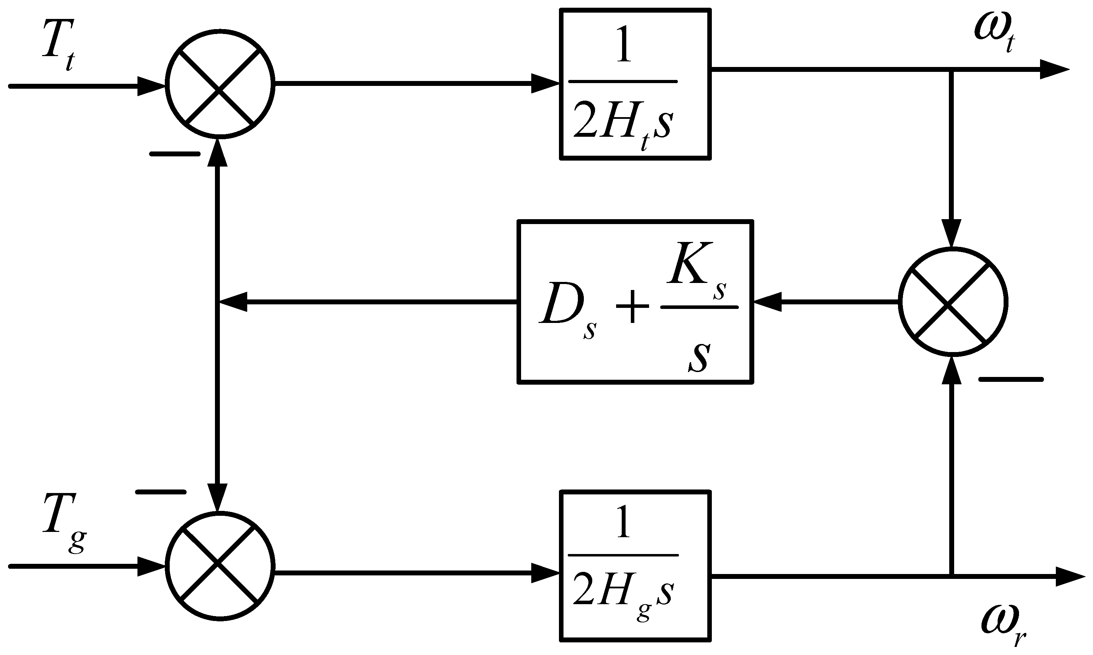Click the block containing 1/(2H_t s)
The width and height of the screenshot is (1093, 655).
click(x=635, y=84)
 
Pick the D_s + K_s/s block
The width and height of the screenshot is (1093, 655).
click(x=635, y=302)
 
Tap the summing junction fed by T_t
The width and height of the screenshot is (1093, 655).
click(x=220, y=84)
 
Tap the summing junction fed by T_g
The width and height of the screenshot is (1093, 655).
click(x=220, y=566)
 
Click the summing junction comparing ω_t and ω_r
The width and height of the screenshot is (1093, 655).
click(x=953, y=302)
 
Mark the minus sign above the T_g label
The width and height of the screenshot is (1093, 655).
click(x=161, y=492)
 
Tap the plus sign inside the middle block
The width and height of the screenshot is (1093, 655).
click(x=632, y=307)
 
